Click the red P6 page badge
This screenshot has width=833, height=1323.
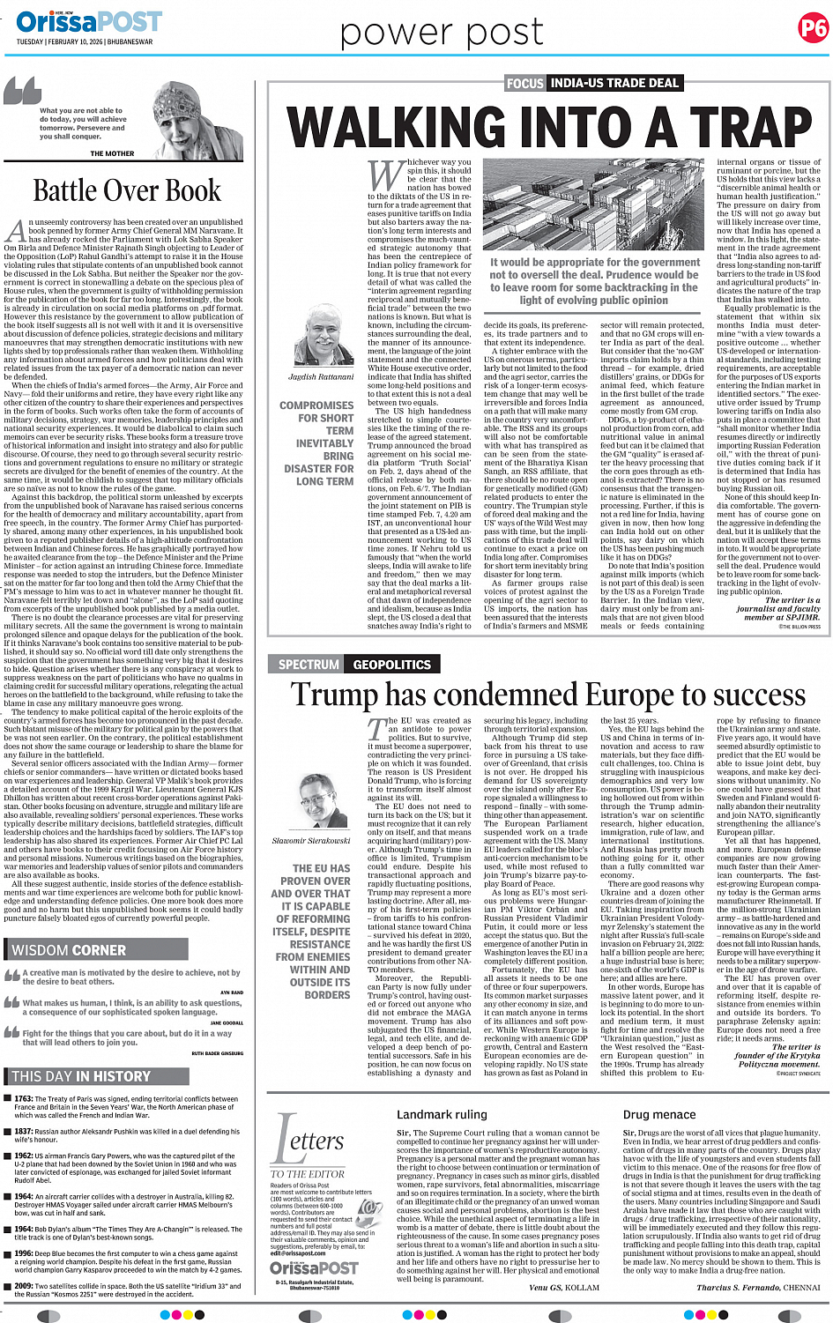tap(812, 28)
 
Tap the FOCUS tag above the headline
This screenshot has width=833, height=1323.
tap(524, 83)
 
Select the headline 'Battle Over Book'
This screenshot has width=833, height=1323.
tap(127, 190)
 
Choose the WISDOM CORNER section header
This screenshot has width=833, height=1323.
tap(69, 949)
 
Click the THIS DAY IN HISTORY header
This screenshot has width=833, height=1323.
tap(81, 1076)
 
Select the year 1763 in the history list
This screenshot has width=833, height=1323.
tap(24, 1099)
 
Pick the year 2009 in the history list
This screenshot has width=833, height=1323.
tap(24, 1286)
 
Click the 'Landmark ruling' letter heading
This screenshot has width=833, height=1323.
tap(442, 1115)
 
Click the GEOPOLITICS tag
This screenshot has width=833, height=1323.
tap(391, 665)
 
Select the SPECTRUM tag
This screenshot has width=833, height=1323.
tap(309, 665)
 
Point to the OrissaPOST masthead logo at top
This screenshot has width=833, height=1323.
tap(88, 21)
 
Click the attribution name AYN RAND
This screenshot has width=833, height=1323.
tap(232, 992)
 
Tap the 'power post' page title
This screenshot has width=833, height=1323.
tap(442, 33)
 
